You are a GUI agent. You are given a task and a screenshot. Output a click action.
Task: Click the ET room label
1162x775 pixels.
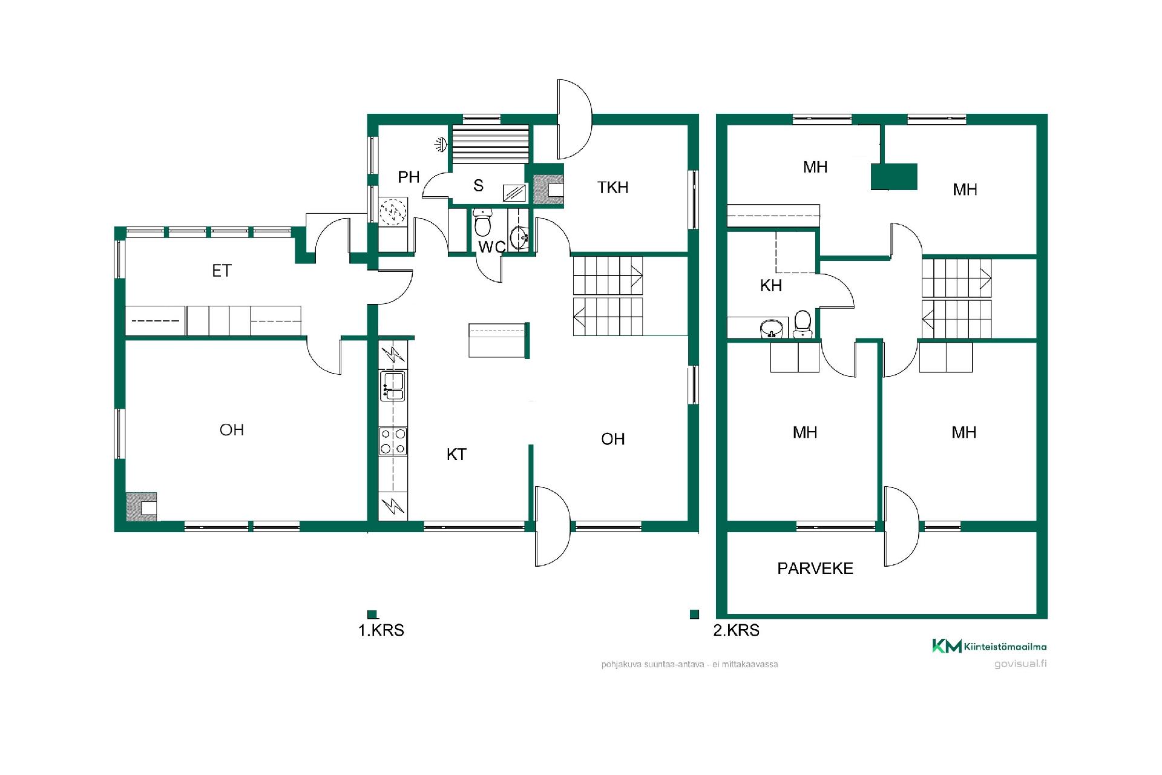[222, 271]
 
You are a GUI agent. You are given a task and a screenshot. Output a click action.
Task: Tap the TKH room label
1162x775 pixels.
[612, 188]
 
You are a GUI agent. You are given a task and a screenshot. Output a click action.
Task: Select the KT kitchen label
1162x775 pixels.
[456, 455]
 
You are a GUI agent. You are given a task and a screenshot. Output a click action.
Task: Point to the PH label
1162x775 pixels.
[409, 177]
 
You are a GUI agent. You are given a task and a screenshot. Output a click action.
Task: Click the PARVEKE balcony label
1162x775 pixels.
[815, 569]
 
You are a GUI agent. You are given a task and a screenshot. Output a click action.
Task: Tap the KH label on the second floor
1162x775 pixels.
[771, 285]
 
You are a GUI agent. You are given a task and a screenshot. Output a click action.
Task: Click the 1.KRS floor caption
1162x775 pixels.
[381, 630]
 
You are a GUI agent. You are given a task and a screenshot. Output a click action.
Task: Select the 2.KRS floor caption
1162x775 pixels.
[736, 630]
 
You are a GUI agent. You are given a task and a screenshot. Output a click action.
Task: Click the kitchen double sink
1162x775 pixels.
[393, 386]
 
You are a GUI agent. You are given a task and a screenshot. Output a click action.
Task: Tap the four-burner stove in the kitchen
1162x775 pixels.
[393, 441]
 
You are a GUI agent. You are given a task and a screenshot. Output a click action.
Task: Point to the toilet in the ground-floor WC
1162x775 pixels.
[482, 223]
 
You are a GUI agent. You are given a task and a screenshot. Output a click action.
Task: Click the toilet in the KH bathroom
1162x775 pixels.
[803, 325]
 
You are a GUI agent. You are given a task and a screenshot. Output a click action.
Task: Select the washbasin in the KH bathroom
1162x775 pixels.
[771, 329]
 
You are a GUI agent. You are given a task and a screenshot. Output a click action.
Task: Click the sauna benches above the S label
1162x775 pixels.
[490, 144]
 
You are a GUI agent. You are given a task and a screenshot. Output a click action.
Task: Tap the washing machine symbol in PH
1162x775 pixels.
[392, 213]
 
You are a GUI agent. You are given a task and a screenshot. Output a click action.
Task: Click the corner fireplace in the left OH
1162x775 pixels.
[142, 506]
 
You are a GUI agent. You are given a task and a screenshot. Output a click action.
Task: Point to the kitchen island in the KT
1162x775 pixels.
[499, 340]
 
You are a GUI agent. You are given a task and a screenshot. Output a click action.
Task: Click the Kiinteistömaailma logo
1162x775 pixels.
[989, 647]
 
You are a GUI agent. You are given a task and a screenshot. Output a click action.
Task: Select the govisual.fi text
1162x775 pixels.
[1020, 664]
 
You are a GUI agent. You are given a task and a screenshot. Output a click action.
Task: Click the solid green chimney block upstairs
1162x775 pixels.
[894, 176]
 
